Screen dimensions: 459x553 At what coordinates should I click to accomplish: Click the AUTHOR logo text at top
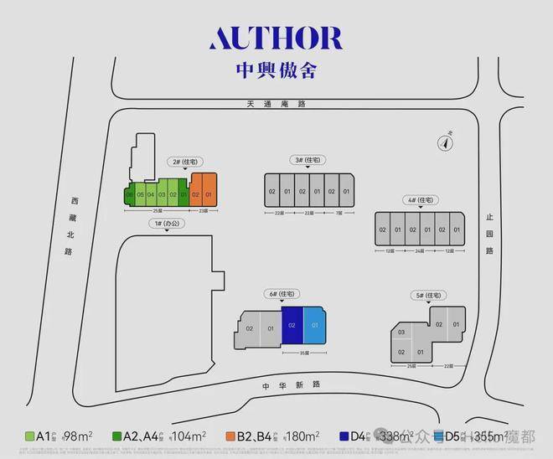[276, 39]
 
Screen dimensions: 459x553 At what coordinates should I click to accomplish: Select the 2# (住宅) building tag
[182, 161]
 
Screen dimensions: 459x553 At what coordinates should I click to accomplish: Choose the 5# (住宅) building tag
[429, 296]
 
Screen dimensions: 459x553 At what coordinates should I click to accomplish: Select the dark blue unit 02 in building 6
[292, 324]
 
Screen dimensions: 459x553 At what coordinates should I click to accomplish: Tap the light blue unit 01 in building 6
[313, 324]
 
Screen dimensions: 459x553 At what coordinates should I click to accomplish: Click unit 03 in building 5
[402, 333]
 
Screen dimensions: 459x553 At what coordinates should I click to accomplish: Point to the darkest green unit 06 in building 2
[130, 195]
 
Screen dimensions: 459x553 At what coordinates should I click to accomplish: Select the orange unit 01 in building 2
[209, 195]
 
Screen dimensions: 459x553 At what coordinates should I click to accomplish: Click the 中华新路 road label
[303, 384]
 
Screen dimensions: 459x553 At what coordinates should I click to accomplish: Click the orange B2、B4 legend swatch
[229, 436]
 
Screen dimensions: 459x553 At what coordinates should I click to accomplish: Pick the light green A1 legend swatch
[29, 436]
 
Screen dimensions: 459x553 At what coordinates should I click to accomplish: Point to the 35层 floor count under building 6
[302, 353]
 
